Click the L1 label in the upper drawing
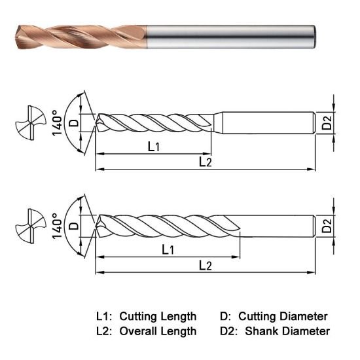pos(154,147)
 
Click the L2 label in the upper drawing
pos(205,161)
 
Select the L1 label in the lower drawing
pos(168,249)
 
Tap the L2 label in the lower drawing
pos(205,264)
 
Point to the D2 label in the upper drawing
pos(327,121)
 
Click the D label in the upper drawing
pos(73,121)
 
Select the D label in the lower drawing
pos(73,226)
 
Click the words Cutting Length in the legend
pos(159,316)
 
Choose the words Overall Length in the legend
pos(159,331)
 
